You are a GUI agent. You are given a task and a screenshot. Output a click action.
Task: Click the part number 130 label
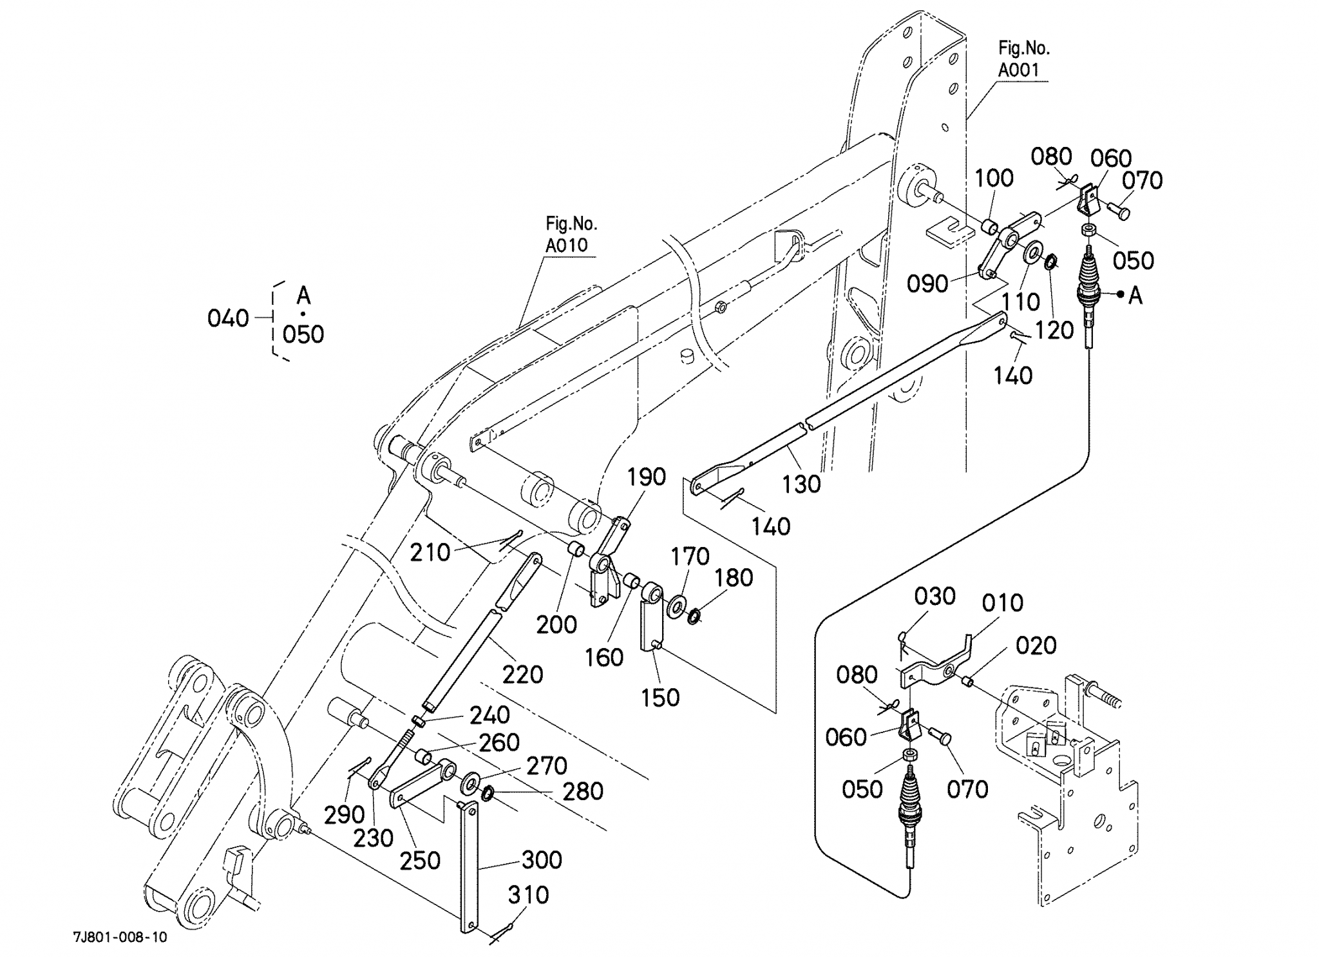801,484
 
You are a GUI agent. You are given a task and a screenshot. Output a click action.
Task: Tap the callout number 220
522,675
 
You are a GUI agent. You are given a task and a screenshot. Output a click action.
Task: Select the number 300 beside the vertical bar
542,859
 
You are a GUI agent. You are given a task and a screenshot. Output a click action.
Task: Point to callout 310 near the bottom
528,895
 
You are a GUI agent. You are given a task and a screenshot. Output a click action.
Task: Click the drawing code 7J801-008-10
120,937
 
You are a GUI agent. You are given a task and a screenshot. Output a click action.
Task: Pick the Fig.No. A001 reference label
1023,59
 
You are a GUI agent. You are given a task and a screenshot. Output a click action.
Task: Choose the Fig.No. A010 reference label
571,235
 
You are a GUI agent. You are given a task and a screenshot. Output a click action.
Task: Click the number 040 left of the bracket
228,318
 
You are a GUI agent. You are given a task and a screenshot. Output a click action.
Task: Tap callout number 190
646,477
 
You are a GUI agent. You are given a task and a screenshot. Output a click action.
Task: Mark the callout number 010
1003,603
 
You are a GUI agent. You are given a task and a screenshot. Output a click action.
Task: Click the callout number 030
935,597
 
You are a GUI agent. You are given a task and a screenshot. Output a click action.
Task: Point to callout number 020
1036,645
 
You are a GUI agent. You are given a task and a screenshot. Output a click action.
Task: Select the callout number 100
994,178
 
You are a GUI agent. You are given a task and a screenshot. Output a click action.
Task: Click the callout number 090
927,283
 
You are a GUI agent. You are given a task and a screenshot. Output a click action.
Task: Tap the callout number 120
1054,330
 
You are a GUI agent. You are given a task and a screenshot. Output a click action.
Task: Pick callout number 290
345,815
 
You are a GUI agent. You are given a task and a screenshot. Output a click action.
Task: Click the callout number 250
420,860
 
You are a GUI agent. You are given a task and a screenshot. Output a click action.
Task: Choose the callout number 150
660,697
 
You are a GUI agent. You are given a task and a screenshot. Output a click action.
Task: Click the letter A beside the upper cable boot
1135,296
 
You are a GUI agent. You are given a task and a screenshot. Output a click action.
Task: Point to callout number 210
430,552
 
